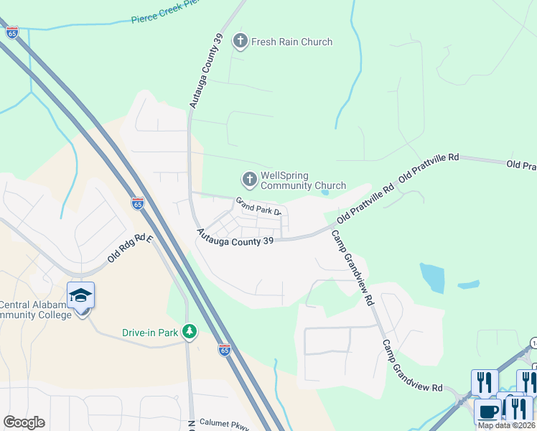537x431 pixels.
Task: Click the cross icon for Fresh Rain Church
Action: (x=241, y=42)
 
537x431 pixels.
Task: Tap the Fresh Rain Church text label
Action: (x=291, y=42)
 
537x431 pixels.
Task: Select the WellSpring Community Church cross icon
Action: (x=249, y=178)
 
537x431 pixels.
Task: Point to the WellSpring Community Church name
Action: (x=303, y=180)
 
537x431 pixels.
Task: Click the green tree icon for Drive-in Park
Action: (x=189, y=332)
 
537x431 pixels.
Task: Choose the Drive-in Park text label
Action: (x=149, y=333)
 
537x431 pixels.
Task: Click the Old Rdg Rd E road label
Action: (x=130, y=249)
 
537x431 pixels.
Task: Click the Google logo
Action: (x=24, y=422)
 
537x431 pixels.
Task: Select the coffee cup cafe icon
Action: (x=487, y=412)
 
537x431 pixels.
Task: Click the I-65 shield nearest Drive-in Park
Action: (x=225, y=350)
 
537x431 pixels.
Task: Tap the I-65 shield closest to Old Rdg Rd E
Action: (x=138, y=203)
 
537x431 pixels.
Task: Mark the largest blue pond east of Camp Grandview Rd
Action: (x=432, y=277)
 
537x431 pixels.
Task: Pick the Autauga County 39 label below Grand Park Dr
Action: (x=235, y=237)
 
